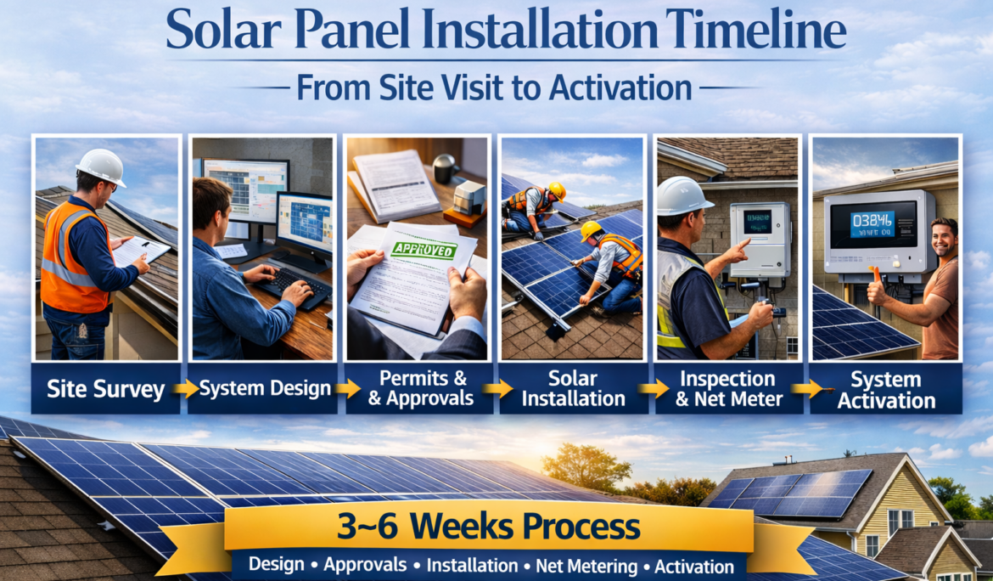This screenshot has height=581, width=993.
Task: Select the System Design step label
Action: point(265,390)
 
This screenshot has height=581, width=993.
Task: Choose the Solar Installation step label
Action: point(574,388)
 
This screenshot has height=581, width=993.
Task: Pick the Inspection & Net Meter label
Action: point(728,388)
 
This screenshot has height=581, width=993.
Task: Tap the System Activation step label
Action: point(886,388)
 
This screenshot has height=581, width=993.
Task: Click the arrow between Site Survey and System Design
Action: point(185,390)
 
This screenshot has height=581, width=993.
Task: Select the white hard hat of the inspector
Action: point(685,195)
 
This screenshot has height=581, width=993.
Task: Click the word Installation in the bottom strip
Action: point(472,566)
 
